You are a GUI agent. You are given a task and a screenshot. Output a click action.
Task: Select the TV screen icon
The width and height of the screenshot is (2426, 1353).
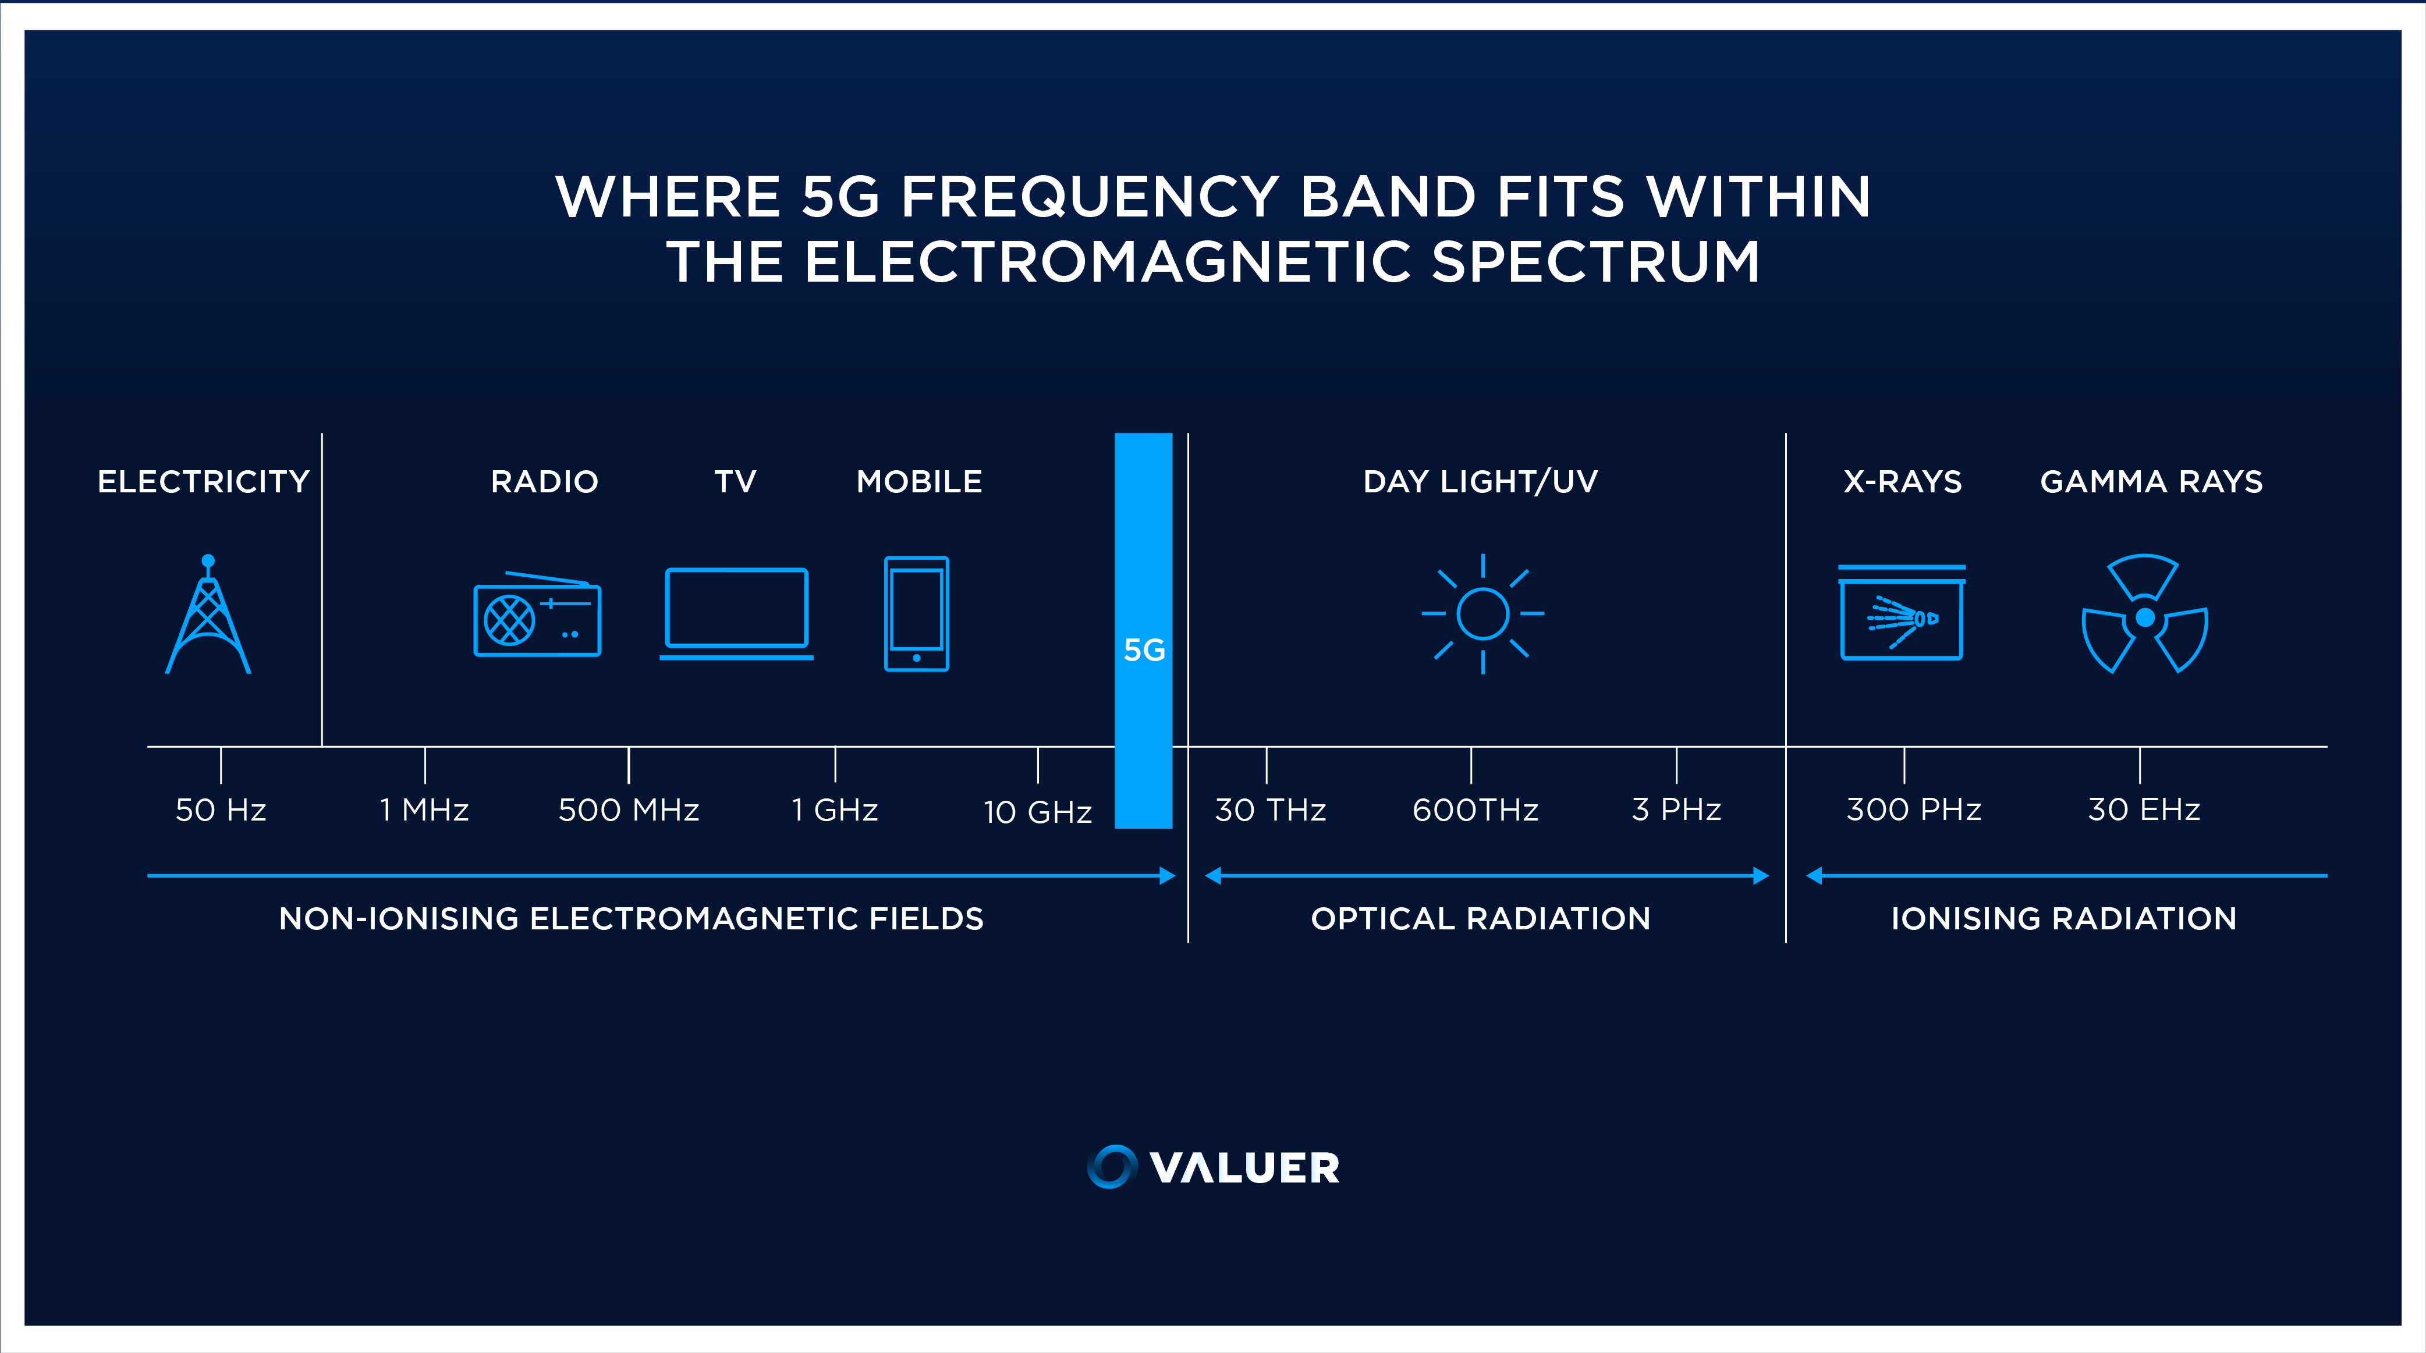tap(736, 613)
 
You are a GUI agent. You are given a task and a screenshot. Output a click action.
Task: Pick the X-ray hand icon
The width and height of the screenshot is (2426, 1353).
tap(1902, 612)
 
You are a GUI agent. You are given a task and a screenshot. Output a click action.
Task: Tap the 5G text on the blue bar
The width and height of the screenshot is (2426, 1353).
tap(1144, 649)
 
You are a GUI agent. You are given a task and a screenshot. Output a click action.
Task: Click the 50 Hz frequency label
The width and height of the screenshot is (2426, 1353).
tap(221, 809)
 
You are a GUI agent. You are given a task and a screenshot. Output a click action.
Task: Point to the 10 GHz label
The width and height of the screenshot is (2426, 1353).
tap(1038, 812)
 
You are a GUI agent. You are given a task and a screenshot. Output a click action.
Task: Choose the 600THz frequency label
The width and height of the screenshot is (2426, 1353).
tap(1476, 809)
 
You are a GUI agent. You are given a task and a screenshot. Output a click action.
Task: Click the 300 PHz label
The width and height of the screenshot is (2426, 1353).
tap(1914, 809)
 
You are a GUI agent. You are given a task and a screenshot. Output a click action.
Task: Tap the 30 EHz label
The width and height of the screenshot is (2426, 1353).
tap(2144, 809)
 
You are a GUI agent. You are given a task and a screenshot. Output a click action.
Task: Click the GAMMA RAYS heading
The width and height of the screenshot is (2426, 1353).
tap(2151, 481)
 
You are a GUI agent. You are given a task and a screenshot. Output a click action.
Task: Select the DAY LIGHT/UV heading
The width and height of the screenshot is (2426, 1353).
tap(1481, 481)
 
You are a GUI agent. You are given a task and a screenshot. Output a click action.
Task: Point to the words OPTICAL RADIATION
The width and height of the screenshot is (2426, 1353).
tap(1481, 918)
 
